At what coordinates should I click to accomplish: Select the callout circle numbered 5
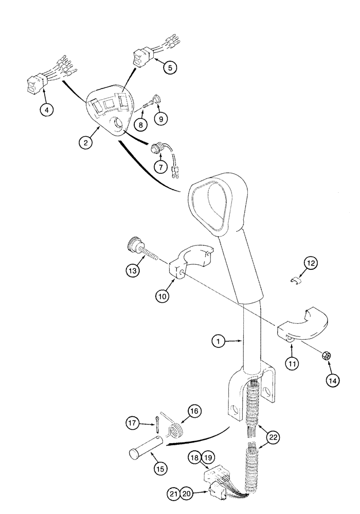click(x=170, y=66)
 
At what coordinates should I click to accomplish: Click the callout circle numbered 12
click(x=310, y=263)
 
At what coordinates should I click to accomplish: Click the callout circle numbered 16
click(x=194, y=411)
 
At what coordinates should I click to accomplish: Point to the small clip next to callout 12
click(x=295, y=281)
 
